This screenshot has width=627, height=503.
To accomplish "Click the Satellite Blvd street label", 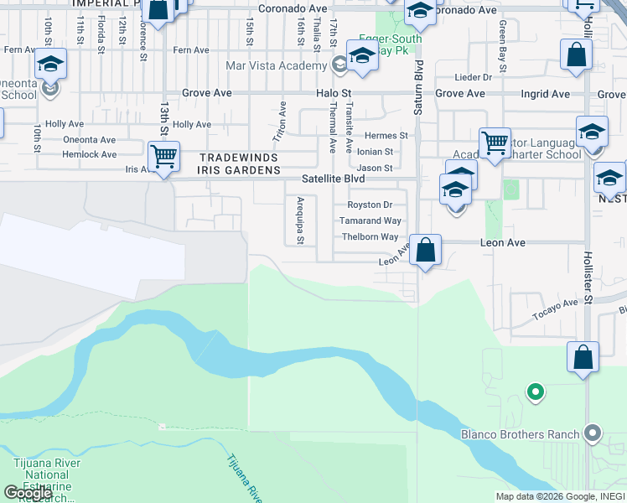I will click(x=334, y=179).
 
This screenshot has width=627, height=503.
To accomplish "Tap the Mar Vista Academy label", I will click(x=276, y=65).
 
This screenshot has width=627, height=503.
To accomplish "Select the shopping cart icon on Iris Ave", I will click(x=163, y=156).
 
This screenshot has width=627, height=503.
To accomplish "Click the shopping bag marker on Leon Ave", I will click(x=426, y=250).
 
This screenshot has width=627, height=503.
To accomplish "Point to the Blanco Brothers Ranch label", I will click(x=520, y=434).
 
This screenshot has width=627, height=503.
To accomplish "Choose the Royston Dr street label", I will click(x=370, y=205).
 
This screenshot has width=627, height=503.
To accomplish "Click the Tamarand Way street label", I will click(x=370, y=221).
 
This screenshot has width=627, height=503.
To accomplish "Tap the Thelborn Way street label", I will click(x=370, y=237).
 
